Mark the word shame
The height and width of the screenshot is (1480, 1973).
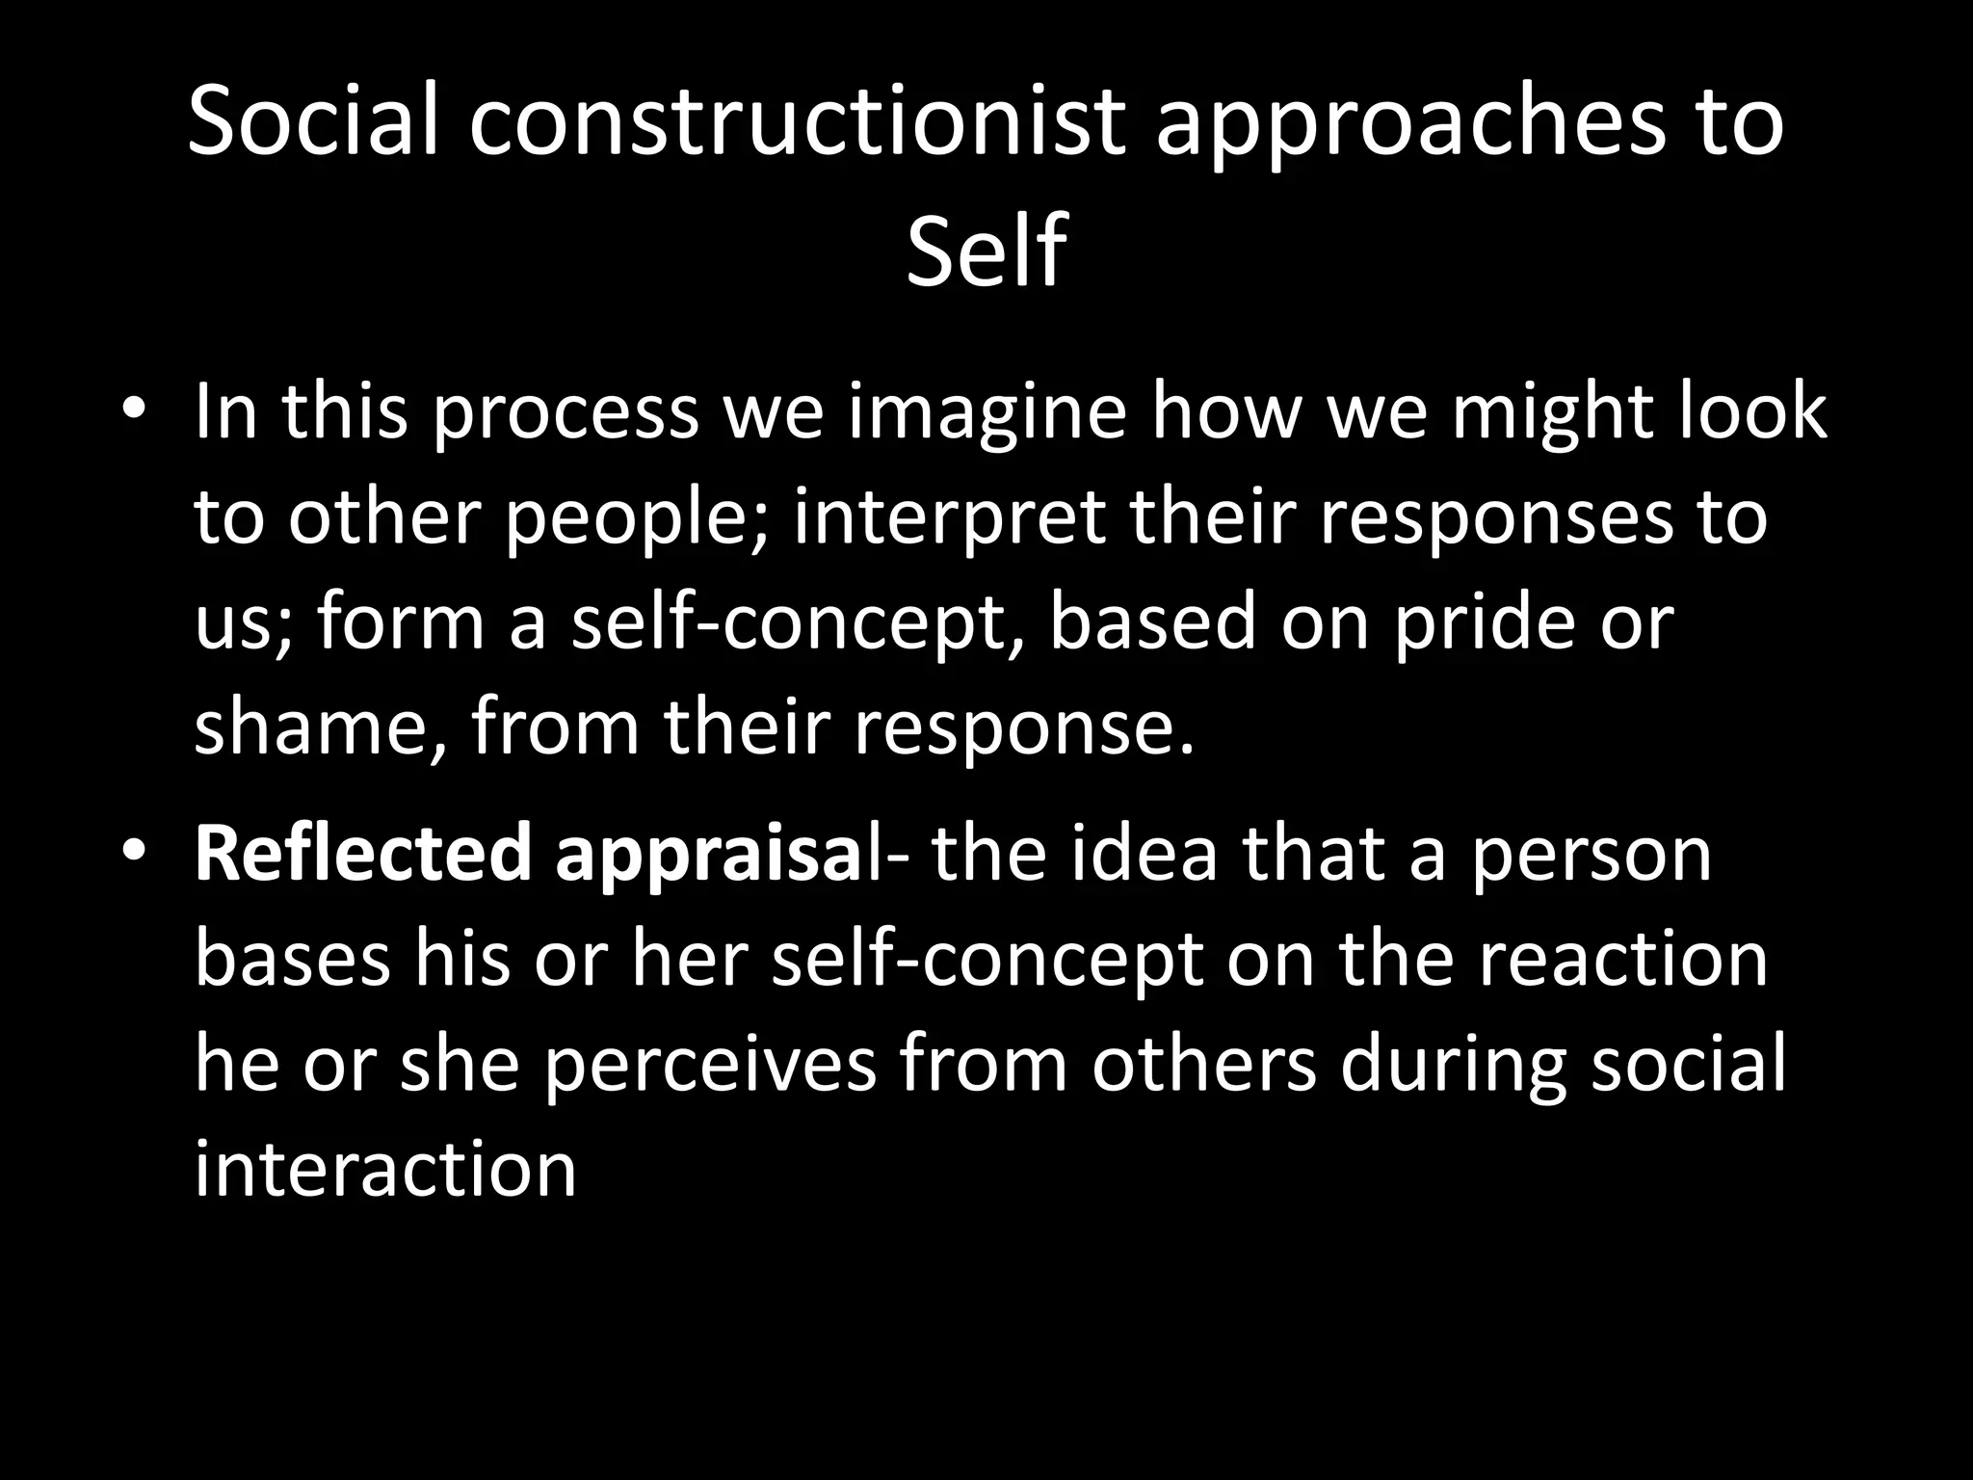click(x=314, y=727)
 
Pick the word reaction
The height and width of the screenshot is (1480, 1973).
click(x=1624, y=961)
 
